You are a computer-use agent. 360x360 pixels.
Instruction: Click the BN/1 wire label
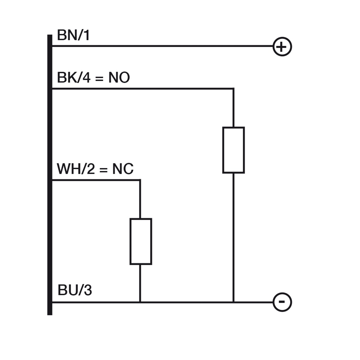pyautogui.click(x=73, y=35)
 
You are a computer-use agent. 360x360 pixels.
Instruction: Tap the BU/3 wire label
pyautogui.click(x=74, y=290)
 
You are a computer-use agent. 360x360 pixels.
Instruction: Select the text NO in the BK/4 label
pyautogui.click(x=119, y=78)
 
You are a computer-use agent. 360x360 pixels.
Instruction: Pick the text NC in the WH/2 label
pyautogui.click(x=123, y=169)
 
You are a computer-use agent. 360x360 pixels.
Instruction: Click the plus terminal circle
pyautogui.click(x=282, y=47)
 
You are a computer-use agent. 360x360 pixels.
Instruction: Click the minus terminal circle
pyautogui.click(x=282, y=302)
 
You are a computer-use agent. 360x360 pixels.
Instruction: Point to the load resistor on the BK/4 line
pyautogui.click(x=233, y=150)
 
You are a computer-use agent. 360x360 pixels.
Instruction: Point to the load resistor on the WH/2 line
pyautogui.click(x=141, y=241)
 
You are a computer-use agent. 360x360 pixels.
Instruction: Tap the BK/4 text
pyautogui.click(x=73, y=78)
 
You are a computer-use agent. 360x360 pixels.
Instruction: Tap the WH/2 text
pyautogui.click(x=76, y=169)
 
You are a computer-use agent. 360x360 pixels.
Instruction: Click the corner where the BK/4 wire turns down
pyautogui.click(x=233, y=89)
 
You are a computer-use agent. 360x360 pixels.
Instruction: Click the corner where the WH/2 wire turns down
pyautogui.click(x=140, y=180)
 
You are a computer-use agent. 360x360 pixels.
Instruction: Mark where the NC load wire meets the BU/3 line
pyautogui.click(x=140, y=302)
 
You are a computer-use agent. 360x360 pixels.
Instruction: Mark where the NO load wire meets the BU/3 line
pyautogui.click(x=233, y=302)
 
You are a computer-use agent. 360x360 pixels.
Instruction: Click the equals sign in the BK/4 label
pyautogui.click(x=99, y=79)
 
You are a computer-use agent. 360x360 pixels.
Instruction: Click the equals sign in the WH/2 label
pyautogui.click(x=103, y=170)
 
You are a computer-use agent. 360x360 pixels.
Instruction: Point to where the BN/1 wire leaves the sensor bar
pyautogui.click(x=53, y=46)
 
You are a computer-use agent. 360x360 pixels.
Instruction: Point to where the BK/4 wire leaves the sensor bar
pyautogui.click(x=53, y=89)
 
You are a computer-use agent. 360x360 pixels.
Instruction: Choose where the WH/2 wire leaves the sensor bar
pyautogui.click(x=53, y=180)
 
